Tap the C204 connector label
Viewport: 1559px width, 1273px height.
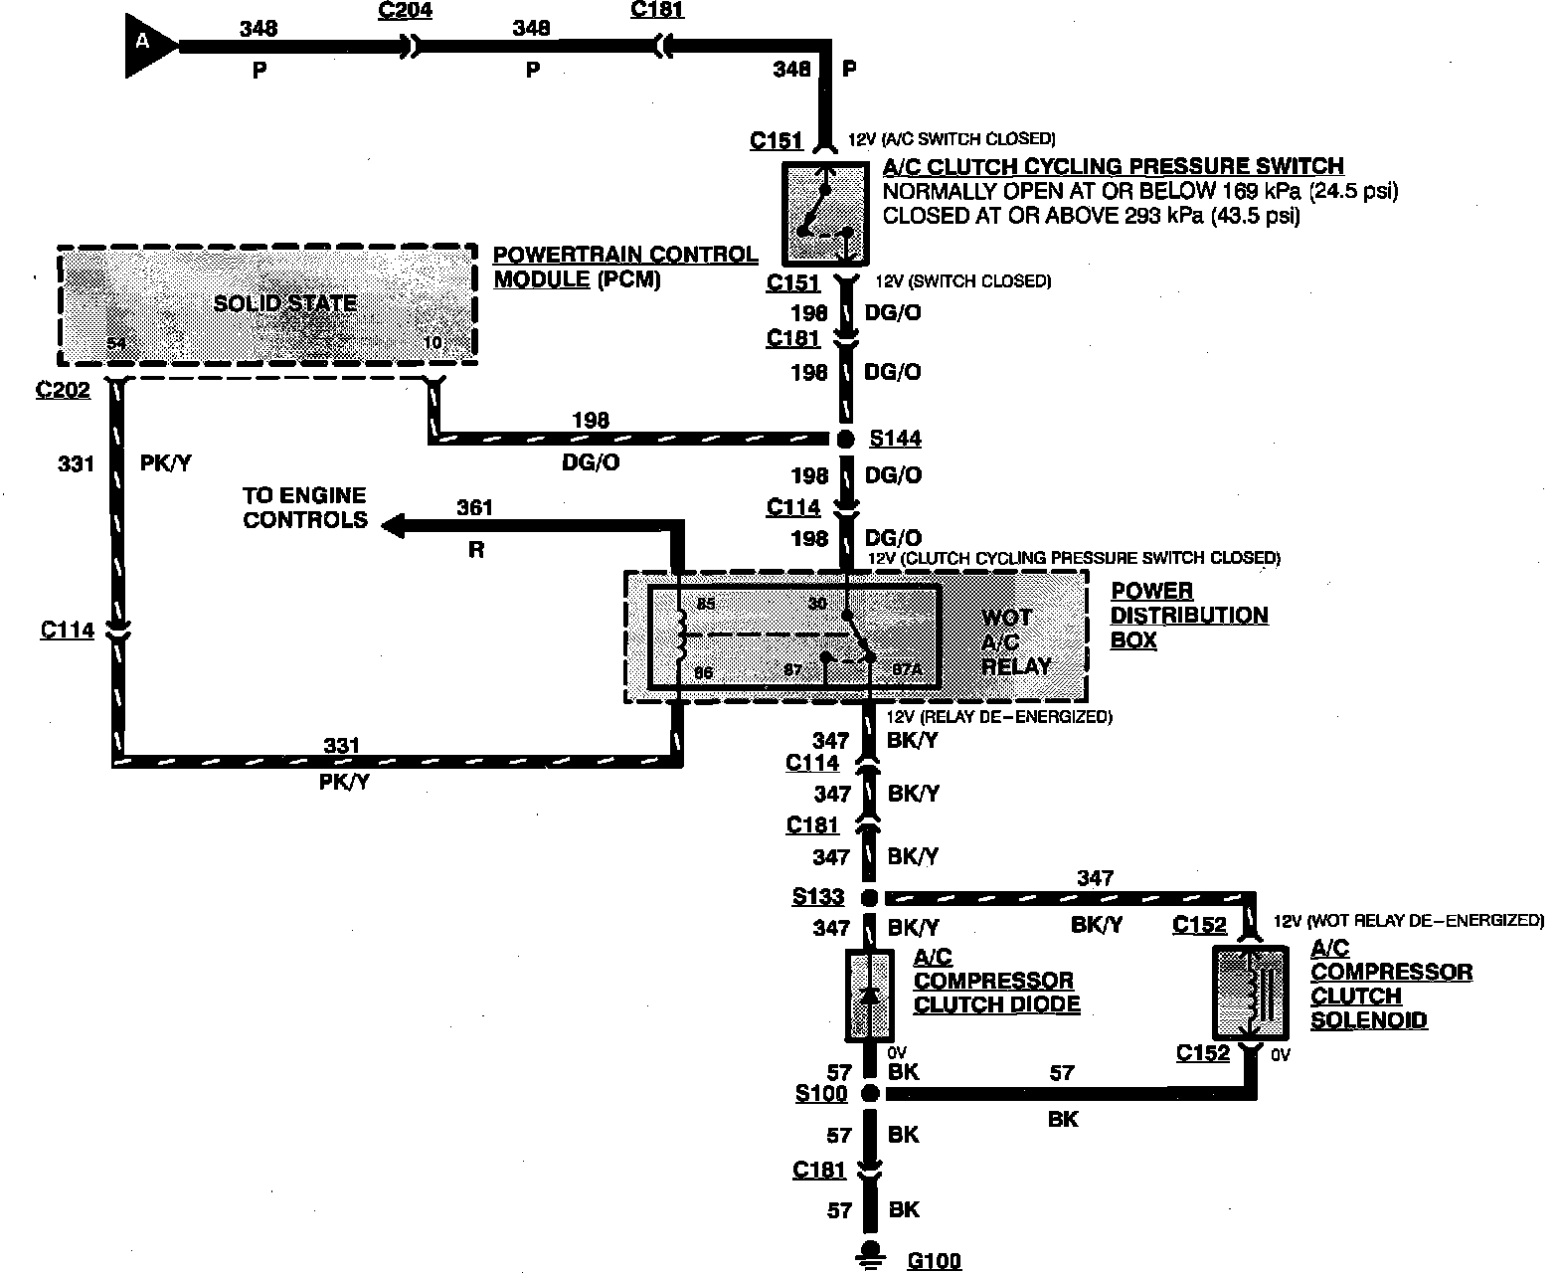coord(407,11)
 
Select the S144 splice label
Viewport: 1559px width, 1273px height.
coord(895,439)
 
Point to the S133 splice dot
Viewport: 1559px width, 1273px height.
coord(869,898)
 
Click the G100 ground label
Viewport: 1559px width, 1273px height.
coord(935,1261)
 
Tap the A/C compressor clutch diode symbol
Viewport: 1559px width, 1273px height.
coord(870,996)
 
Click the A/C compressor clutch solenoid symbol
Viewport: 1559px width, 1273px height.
coord(1250,992)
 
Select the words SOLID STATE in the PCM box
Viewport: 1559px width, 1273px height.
coord(285,303)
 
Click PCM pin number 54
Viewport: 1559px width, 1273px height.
coord(117,344)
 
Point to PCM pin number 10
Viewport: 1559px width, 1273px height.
coord(433,343)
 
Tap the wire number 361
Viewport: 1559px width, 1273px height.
coord(474,507)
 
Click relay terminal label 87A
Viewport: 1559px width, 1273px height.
coord(907,670)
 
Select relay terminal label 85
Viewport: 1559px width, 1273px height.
coord(705,604)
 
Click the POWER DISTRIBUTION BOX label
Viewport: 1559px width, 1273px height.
coord(1189,616)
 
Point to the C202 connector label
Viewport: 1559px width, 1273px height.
coord(63,390)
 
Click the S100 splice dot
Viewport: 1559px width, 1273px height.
coord(870,1094)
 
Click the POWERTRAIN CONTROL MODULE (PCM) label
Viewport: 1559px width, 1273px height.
coord(625,267)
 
